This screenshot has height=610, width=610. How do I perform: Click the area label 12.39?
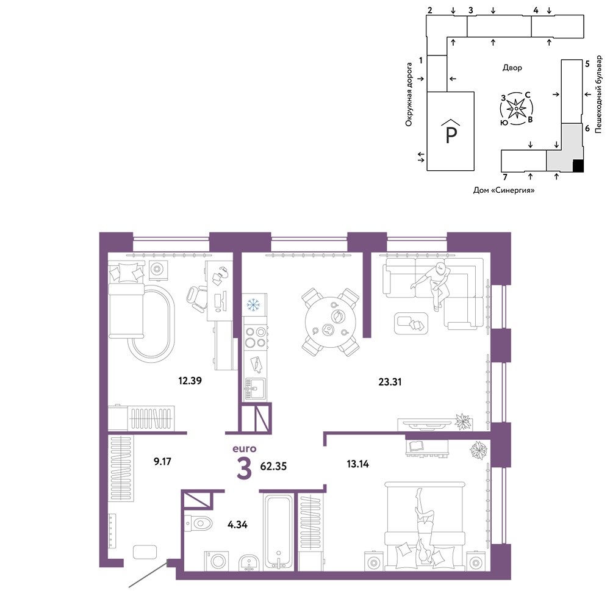click(x=190, y=381)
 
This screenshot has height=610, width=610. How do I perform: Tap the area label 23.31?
click(x=390, y=382)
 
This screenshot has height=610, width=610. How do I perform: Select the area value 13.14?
click(x=357, y=464)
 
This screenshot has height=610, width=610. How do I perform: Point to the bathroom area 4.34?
click(x=237, y=525)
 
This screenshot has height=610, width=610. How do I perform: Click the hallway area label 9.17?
click(x=162, y=461)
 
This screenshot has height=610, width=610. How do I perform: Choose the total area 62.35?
click(x=273, y=466)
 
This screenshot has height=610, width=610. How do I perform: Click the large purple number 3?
click(x=245, y=468)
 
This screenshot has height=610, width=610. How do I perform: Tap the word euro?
click(x=245, y=448)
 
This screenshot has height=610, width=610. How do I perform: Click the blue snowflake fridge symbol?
click(x=254, y=304)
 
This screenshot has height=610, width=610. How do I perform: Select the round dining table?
click(x=330, y=322)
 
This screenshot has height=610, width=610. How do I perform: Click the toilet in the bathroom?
click(x=198, y=523)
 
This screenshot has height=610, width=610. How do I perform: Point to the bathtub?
click(x=279, y=532)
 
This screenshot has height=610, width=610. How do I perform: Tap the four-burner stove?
click(x=255, y=337)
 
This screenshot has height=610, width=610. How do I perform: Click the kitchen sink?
click(x=255, y=388)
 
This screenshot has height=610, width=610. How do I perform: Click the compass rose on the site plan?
click(x=516, y=109)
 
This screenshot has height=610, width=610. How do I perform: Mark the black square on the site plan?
click(x=578, y=166)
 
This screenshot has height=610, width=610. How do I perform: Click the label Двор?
click(x=512, y=68)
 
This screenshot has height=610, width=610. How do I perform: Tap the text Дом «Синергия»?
click(x=504, y=190)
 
